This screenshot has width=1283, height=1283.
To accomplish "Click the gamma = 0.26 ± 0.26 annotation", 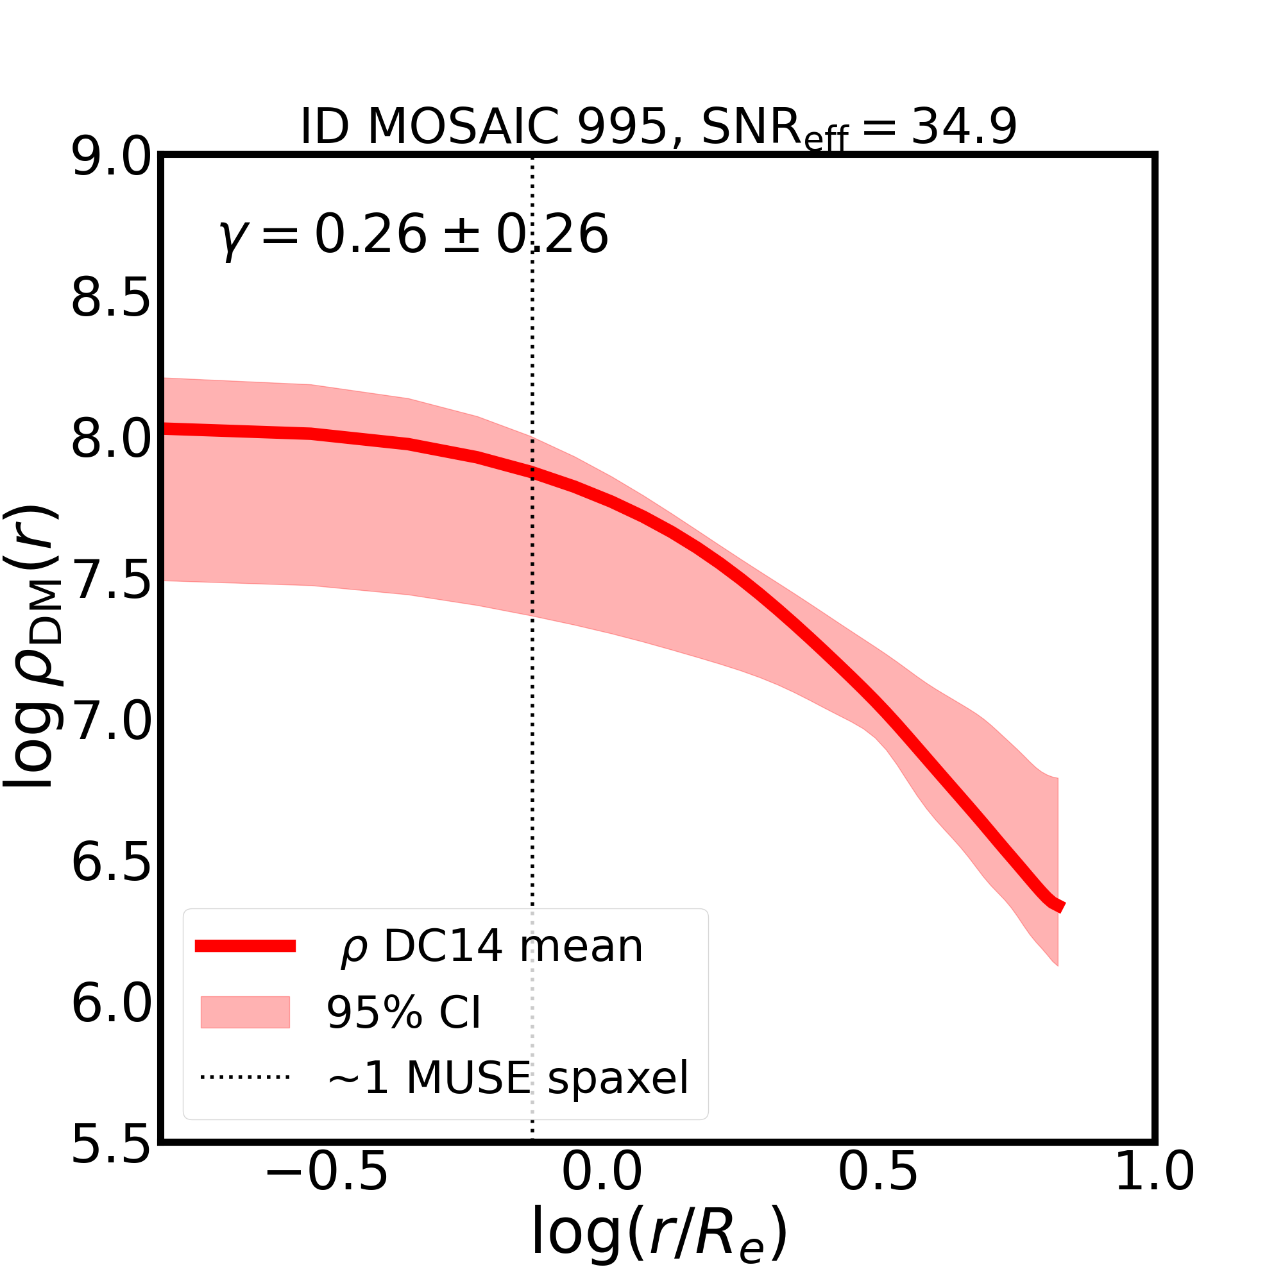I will (x=413, y=235).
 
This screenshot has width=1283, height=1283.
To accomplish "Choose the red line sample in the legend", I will (x=245, y=946).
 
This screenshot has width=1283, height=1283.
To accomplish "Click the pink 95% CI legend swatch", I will (x=245, y=1012).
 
